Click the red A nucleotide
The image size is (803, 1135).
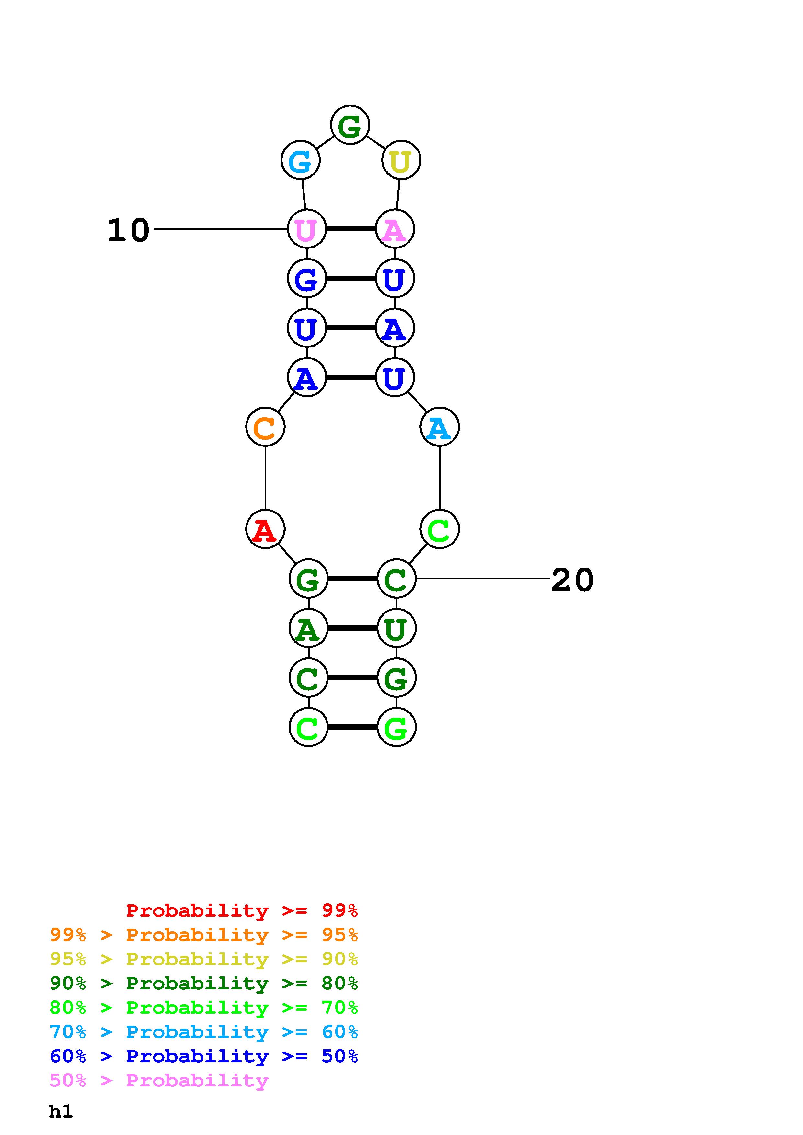(x=265, y=529)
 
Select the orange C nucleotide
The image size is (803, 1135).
(x=265, y=427)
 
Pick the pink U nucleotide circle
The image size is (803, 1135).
(x=307, y=229)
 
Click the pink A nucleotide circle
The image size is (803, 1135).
(x=395, y=229)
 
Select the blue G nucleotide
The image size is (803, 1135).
(x=307, y=278)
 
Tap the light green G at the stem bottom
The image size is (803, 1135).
(x=396, y=727)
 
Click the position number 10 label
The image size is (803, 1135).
(x=128, y=230)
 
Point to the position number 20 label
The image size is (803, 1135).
(x=572, y=580)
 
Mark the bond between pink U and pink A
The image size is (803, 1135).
(x=351, y=229)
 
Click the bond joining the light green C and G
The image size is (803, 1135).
(x=353, y=727)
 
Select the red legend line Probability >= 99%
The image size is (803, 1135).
(x=242, y=910)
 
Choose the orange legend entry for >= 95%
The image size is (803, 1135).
(x=204, y=935)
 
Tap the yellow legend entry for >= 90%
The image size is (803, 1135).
(x=204, y=959)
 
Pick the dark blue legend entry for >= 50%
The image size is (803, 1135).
(x=204, y=1056)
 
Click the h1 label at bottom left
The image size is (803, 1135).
(x=61, y=1111)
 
